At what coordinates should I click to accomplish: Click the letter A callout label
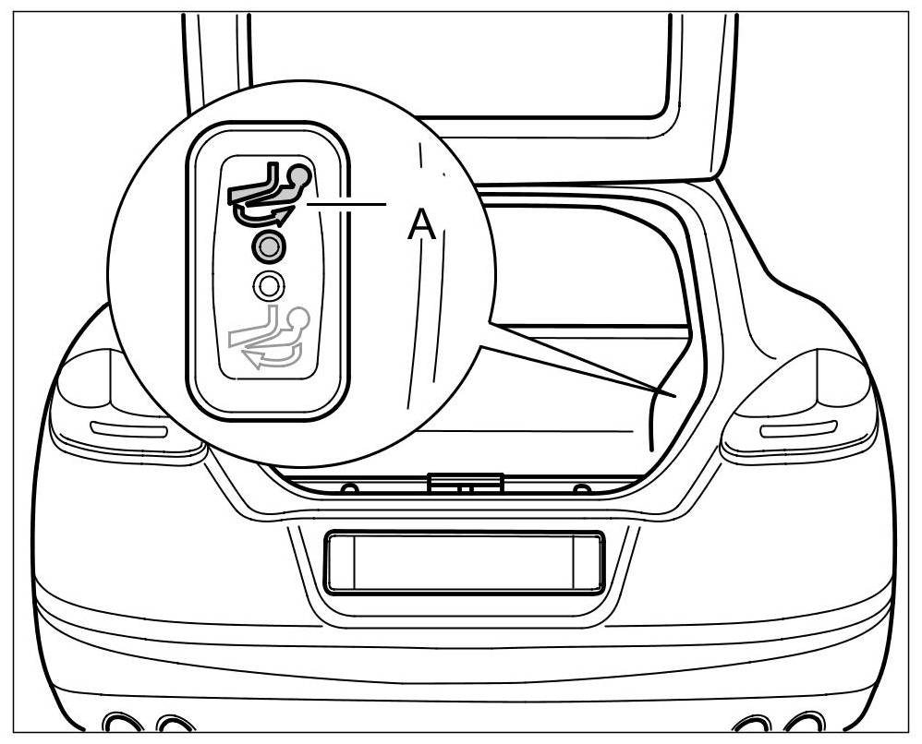coord(421,223)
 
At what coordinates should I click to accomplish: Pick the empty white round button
coord(268,286)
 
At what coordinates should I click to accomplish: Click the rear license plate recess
coord(464,561)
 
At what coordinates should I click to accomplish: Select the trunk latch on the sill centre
coord(466,482)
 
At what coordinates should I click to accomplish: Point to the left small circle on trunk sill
coord(349,487)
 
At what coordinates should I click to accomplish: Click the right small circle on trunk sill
coord(581,487)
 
